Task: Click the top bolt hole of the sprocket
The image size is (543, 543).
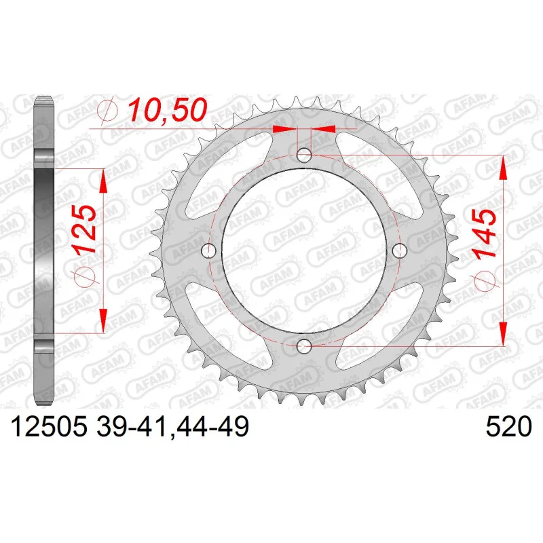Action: point(304,155)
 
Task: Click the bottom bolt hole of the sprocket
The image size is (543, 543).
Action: point(304,345)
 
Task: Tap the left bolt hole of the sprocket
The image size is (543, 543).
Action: point(209,250)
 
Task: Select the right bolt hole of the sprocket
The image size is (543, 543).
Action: point(400,250)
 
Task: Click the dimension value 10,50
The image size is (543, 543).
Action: point(168,110)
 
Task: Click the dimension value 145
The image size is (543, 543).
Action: point(484,233)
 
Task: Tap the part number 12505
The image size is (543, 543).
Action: point(49,426)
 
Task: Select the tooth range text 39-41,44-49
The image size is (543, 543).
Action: point(172,426)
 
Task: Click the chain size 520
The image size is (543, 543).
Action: point(508,426)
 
